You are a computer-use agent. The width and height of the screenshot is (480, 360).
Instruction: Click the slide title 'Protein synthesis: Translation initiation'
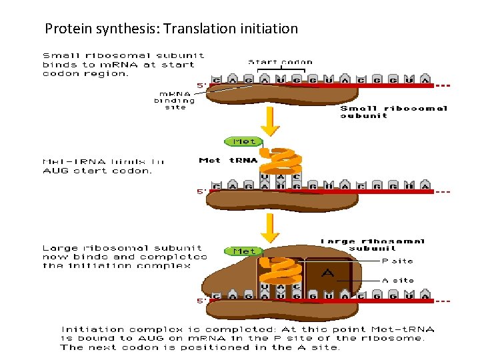[x=171, y=29]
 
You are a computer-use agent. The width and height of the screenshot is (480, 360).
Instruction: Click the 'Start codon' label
[x=280, y=62]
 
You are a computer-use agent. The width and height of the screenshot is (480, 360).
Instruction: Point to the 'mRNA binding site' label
[x=174, y=101]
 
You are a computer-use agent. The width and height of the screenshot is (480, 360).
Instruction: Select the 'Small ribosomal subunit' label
[x=393, y=111]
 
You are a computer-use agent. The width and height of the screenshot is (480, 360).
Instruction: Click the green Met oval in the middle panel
[x=243, y=141]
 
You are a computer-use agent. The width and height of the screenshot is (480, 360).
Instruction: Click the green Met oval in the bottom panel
[x=243, y=251]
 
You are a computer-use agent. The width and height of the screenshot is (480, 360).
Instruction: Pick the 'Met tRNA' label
[x=229, y=161]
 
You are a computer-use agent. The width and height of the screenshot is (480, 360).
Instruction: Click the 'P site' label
[x=397, y=261]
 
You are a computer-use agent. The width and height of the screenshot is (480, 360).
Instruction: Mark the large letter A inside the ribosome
[x=327, y=273]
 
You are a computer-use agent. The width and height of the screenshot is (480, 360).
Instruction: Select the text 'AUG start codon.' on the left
[x=97, y=171]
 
